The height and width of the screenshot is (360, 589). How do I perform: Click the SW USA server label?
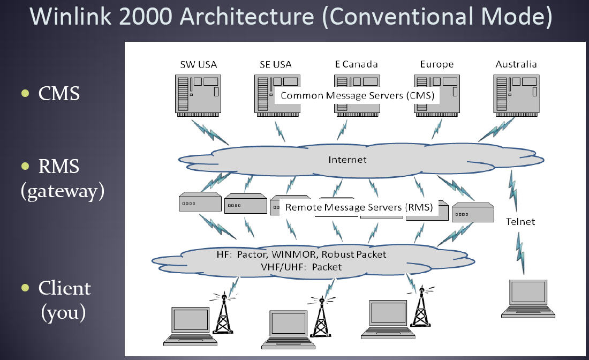tap(198, 65)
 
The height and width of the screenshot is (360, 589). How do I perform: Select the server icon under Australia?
tap(516, 95)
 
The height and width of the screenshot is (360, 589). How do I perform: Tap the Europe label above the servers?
tap(436, 64)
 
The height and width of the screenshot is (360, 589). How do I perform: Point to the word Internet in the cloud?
tap(348, 160)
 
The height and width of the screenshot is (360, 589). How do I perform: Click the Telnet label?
tap(520, 222)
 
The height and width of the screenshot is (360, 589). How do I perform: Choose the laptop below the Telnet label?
tap(528, 298)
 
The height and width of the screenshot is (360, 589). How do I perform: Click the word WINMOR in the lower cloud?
tap(294, 254)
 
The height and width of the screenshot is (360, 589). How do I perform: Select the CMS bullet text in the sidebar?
tap(59, 93)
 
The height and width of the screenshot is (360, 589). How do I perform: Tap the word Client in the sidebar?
tap(65, 288)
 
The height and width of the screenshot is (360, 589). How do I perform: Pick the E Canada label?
tap(356, 64)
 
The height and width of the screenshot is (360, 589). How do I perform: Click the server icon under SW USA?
tap(198, 95)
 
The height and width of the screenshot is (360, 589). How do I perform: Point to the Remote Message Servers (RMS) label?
tap(359, 207)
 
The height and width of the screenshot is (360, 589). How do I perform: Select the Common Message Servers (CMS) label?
tap(357, 95)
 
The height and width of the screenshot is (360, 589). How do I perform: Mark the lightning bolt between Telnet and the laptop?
tap(520, 252)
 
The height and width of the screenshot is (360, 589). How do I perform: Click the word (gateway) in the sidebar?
tap(63, 191)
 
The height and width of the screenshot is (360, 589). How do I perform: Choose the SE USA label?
tap(276, 65)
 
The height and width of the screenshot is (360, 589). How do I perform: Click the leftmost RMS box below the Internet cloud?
tap(200, 202)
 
